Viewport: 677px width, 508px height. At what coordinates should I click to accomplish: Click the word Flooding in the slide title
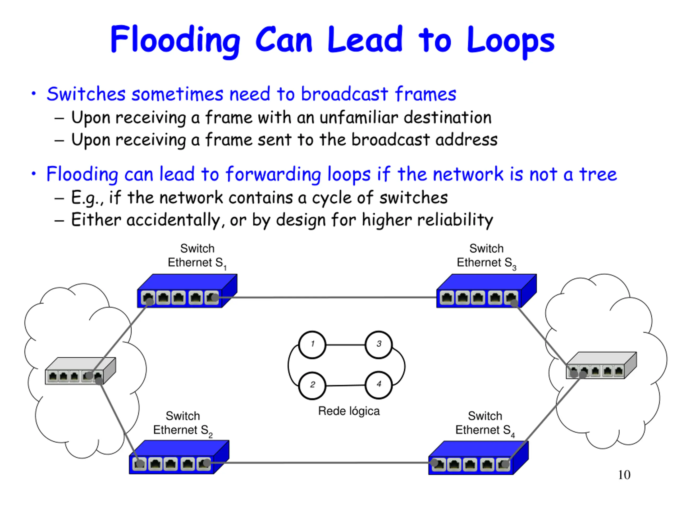[175, 40]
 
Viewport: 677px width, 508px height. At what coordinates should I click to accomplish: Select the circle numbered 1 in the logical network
[312, 344]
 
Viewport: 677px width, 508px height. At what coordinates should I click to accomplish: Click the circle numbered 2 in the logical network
[312, 385]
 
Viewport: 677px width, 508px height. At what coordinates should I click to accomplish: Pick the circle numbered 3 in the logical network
[379, 344]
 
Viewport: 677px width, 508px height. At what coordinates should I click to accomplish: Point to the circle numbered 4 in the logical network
[379, 385]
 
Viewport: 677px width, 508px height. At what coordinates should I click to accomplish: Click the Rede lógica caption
[349, 411]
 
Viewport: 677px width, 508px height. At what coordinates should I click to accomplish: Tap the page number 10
[624, 475]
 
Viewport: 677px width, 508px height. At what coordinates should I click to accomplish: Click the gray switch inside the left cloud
[80, 371]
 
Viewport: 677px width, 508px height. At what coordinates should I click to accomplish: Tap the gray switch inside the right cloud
[601, 365]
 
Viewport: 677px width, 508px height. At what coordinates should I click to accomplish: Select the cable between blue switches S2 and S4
[321, 463]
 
